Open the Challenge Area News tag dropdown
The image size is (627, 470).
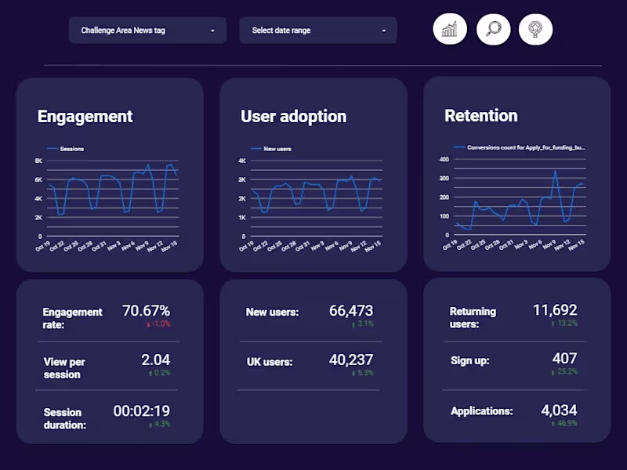click(147, 31)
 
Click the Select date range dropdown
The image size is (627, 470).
click(318, 31)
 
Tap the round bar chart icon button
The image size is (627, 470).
click(450, 30)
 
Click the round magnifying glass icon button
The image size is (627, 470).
click(494, 30)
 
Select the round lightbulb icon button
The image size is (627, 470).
click(535, 30)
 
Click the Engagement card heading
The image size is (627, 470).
click(85, 117)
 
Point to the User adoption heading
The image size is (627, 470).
click(293, 117)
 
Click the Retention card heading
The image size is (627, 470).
click(480, 116)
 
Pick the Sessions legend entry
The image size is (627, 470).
click(71, 148)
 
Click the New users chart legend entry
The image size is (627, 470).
click(277, 148)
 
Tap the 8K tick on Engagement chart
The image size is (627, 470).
click(38, 161)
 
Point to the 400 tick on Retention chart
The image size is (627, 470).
click(444, 159)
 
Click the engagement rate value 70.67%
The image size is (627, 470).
click(146, 311)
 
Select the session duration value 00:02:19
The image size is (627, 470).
click(141, 411)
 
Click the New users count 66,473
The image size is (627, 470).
click(351, 311)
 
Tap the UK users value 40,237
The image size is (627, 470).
click(351, 360)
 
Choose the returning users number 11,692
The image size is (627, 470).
click(555, 310)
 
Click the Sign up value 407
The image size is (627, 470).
click(564, 360)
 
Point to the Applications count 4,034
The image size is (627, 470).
click(559, 410)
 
